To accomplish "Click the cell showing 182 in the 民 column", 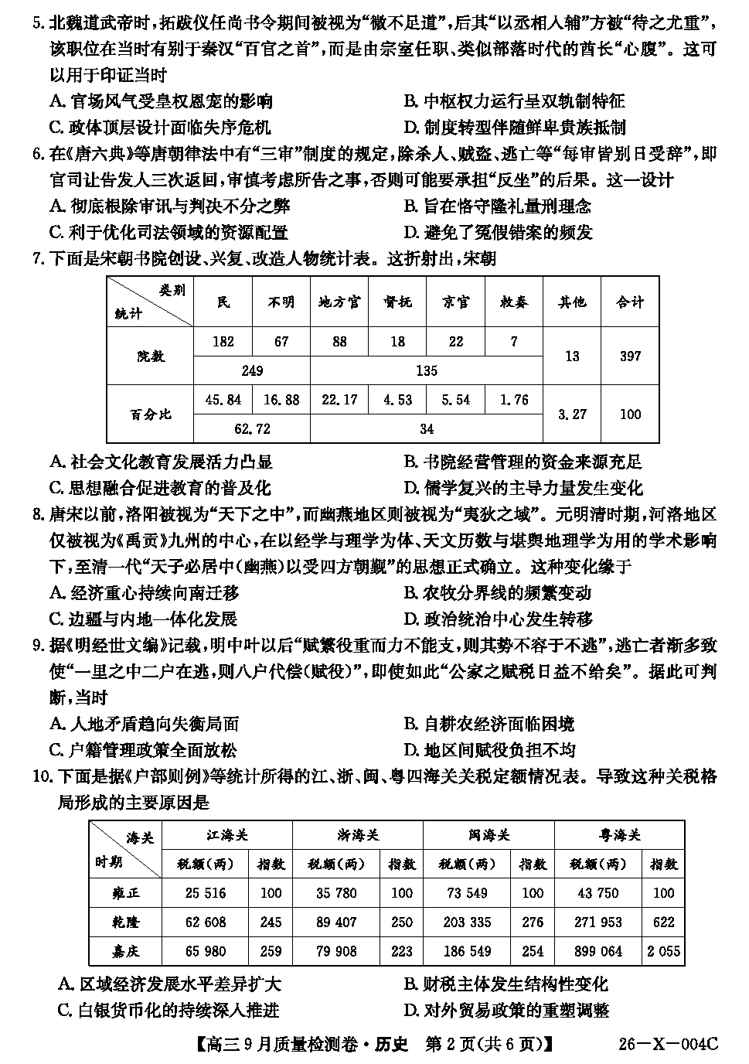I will [x=223, y=341].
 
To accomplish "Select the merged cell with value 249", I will [x=252, y=370].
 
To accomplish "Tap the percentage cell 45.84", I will [x=223, y=400].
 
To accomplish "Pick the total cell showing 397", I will [x=630, y=356].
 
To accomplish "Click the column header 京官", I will [x=456, y=302].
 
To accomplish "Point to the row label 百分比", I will [x=150, y=414].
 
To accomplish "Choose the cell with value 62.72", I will [x=252, y=428].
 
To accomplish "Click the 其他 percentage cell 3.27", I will [x=572, y=414].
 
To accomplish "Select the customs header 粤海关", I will [x=619, y=835].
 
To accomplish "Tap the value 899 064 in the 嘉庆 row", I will [x=598, y=950].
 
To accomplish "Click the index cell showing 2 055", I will [x=663, y=950].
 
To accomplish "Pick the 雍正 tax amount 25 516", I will [x=206, y=893].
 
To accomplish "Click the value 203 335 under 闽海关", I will [x=467, y=922].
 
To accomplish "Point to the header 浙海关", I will [x=358, y=835].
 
